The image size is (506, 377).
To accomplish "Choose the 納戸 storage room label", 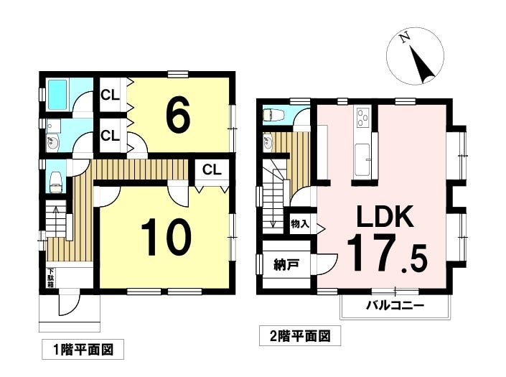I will (x=285, y=266).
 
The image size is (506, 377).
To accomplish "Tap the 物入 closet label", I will (x=299, y=224).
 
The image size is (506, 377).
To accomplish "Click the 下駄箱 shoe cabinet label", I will (x=51, y=276).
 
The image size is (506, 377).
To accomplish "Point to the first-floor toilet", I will (x=55, y=185).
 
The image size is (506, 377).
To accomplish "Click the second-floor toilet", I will (x=276, y=114).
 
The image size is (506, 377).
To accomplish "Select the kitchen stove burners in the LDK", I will (x=361, y=115).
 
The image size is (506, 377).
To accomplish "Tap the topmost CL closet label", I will (x=110, y=94).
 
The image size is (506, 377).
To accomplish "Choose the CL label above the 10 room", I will (x=211, y=169).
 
